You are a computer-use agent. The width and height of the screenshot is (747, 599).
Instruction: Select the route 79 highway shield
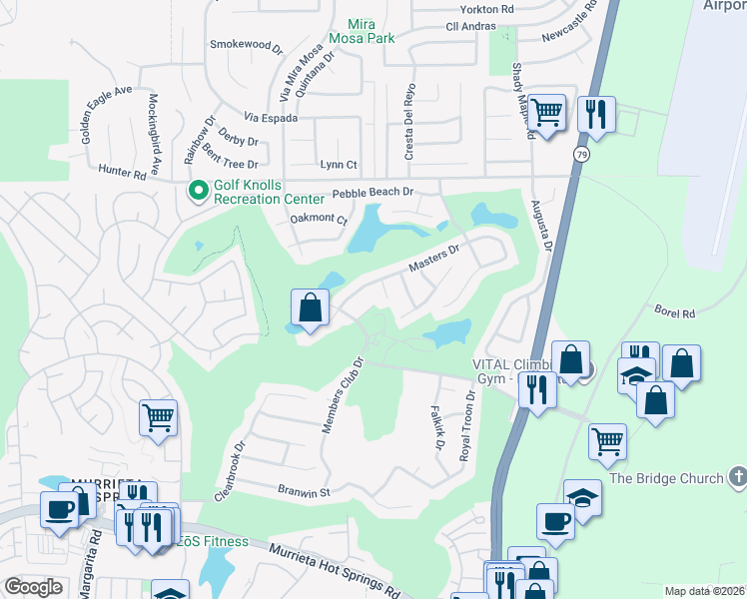tap(580, 154)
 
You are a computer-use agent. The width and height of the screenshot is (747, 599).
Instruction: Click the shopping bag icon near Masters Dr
tap(311, 307)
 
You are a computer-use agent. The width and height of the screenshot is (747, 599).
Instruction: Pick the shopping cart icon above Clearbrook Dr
tap(159, 417)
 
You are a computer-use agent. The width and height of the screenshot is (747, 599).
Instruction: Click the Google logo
tap(33, 586)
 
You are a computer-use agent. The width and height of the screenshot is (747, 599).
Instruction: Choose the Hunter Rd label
tap(122, 173)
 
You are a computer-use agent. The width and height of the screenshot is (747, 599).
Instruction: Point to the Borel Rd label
tap(674, 312)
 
